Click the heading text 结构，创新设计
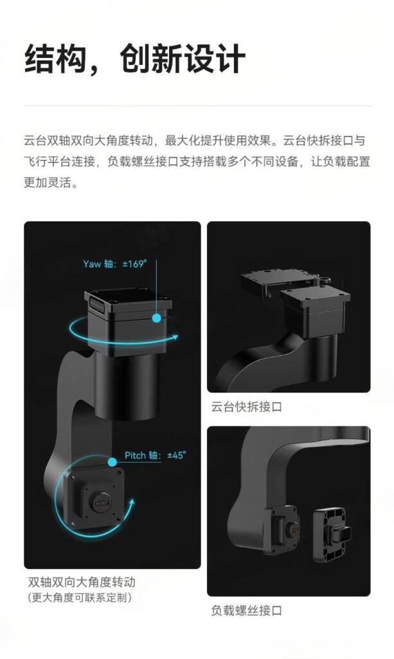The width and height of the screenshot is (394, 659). (x=135, y=59)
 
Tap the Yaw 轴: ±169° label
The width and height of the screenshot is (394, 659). (x=115, y=264)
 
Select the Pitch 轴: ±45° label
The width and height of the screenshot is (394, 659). (x=156, y=455)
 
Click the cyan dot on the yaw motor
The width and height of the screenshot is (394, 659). (x=157, y=318)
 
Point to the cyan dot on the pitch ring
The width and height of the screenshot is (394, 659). (x=112, y=463)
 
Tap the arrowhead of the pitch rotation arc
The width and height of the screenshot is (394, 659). (x=132, y=503)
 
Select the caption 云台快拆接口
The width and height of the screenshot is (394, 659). (x=246, y=407)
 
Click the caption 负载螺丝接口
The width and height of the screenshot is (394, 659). (x=246, y=611)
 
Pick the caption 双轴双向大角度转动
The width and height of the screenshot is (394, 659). (x=82, y=582)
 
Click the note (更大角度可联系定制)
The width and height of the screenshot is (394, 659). (x=80, y=597)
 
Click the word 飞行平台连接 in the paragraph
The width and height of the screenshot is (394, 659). (x=59, y=162)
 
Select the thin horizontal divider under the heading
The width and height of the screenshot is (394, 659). (x=197, y=106)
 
